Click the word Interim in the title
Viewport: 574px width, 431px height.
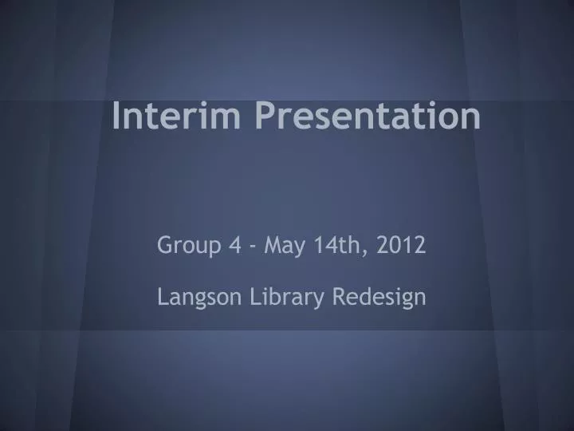pyautogui.click(x=176, y=116)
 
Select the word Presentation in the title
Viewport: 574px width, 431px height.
pyautogui.click(x=368, y=117)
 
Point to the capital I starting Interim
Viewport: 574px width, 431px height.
pyautogui.click(x=117, y=116)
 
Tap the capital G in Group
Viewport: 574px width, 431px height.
pyautogui.click(x=163, y=245)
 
